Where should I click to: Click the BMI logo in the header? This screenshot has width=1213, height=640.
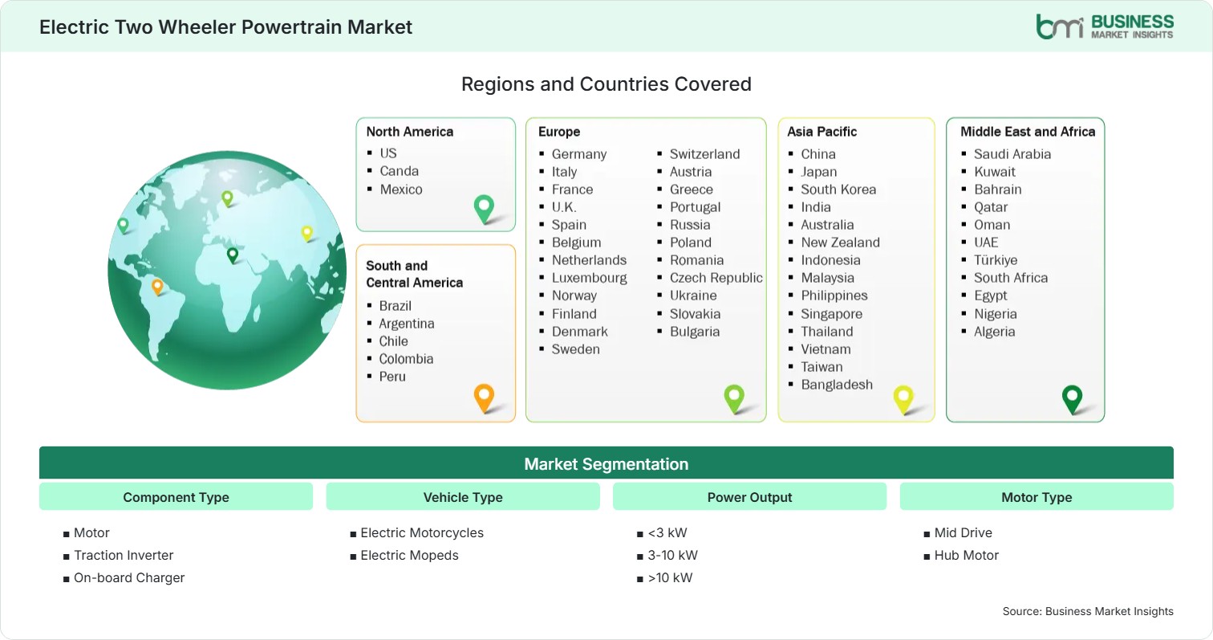tap(1105, 26)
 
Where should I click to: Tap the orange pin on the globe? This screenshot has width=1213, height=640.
tap(157, 287)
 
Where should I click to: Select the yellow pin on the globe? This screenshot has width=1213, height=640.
tap(307, 233)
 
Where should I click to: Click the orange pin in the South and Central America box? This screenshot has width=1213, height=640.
tap(484, 397)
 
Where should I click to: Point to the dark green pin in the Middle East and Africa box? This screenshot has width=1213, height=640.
tap(1072, 399)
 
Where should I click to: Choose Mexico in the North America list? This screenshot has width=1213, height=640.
tap(401, 190)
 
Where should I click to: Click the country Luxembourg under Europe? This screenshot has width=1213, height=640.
tap(589, 278)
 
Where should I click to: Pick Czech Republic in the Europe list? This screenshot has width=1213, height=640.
tap(716, 278)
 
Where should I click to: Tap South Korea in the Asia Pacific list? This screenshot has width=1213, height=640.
tap(838, 190)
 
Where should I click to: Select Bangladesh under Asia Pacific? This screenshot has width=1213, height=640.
tap(837, 385)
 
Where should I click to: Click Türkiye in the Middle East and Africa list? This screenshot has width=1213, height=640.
tap(996, 260)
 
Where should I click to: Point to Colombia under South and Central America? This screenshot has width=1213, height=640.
tap(406, 359)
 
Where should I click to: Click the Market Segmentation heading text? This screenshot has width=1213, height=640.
tap(606, 464)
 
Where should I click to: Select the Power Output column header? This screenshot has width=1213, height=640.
tap(749, 497)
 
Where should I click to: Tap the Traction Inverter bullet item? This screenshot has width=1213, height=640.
tap(124, 555)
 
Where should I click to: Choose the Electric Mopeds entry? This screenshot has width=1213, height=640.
tap(409, 555)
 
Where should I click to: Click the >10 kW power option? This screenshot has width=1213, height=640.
tap(670, 577)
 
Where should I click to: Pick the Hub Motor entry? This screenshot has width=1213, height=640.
tap(967, 555)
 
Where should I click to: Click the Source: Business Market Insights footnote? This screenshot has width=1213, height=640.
tap(1088, 611)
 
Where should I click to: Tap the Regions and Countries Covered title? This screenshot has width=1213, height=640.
tap(606, 84)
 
